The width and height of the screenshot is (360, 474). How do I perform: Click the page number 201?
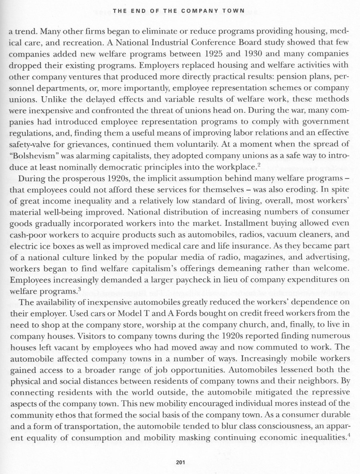click(x=180, y=462)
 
